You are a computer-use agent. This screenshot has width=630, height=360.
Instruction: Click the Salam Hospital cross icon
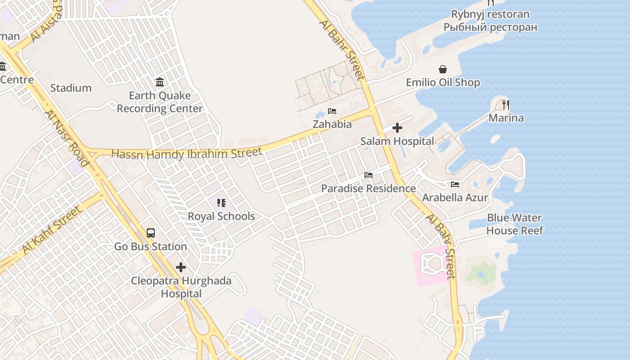coord(397,128)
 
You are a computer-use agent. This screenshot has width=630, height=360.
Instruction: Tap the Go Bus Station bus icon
coord(151,233)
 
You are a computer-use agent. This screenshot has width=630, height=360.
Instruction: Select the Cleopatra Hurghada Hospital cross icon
coord(181,267)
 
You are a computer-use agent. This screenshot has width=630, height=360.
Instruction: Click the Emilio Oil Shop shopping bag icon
coord(443,69)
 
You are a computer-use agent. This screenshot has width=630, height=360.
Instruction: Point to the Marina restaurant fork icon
coord(506,105)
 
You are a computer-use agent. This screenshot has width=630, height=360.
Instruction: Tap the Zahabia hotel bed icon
coord(332,111)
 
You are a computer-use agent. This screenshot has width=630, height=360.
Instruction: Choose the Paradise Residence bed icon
coord(369,175)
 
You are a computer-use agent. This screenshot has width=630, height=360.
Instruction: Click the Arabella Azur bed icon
coord(455,184)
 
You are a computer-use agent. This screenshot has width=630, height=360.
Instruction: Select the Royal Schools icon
coord(221,203)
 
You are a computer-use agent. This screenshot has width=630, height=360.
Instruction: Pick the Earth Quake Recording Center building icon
coord(160,82)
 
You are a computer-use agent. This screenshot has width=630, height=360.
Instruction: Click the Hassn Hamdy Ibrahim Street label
coord(186,153)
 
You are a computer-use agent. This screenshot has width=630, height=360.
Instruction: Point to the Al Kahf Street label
coord(52,229)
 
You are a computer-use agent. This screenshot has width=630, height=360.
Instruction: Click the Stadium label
coord(71,88)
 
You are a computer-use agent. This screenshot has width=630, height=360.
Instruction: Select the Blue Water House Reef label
coord(514,224)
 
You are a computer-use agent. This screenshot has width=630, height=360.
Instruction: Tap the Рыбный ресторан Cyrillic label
coord(490,27)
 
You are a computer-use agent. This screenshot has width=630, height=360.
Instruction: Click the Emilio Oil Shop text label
coord(443,83)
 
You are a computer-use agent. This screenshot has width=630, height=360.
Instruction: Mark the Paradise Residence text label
coord(368,189)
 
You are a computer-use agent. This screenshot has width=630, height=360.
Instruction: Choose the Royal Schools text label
coord(221,216)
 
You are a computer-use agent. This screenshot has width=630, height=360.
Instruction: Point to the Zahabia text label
coord(332,124)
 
